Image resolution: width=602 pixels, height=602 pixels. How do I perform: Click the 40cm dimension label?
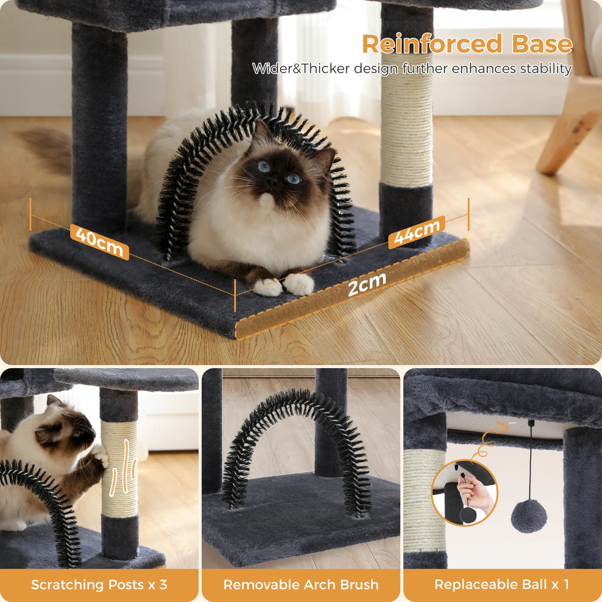coord(99,241)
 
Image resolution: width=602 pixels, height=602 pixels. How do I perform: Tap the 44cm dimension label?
coord(416,232)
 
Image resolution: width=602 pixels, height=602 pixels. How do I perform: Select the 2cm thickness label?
coord(367,285)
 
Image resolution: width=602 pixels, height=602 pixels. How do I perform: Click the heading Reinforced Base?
coord(467,44)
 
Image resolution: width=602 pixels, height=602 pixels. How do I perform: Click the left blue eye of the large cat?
coord(264,166)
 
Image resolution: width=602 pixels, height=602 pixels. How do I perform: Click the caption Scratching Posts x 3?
coord(99,584)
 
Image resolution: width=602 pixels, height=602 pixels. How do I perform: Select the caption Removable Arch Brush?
coord(301,584)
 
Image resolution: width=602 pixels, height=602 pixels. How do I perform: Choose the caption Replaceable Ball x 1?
coord(502,584)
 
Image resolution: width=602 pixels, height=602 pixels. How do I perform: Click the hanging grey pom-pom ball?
coord(529,516)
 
